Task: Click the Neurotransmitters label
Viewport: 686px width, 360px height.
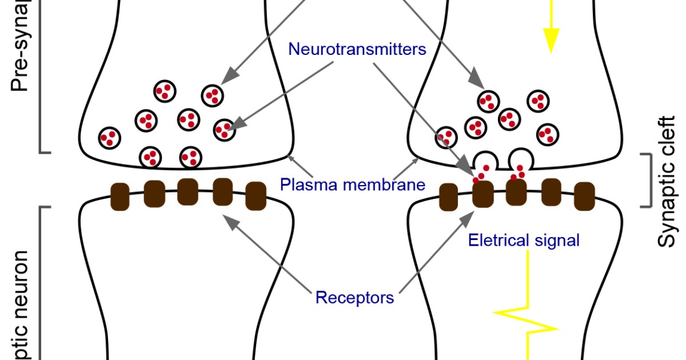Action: point(357,49)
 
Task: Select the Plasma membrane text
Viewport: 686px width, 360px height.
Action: point(353,185)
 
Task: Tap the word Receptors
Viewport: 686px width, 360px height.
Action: point(354,298)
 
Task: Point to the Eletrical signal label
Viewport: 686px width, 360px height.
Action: point(524,241)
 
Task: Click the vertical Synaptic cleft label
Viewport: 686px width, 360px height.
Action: point(667,182)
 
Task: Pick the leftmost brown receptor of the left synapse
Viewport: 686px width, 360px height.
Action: point(119,197)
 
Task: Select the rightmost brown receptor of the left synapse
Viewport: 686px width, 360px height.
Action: point(256,196)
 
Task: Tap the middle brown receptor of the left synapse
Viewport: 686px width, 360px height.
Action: point(188,191)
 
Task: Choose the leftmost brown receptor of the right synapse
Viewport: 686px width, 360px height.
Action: point(448,197)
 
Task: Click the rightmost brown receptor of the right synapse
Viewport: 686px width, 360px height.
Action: point(584,196)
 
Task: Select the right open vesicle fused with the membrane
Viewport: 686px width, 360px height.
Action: point(520,158)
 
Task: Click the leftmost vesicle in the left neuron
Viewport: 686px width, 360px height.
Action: point(110,138)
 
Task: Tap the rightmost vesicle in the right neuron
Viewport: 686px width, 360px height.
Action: point(548,134)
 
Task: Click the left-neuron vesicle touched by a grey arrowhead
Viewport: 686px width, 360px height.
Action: point(224,130)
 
